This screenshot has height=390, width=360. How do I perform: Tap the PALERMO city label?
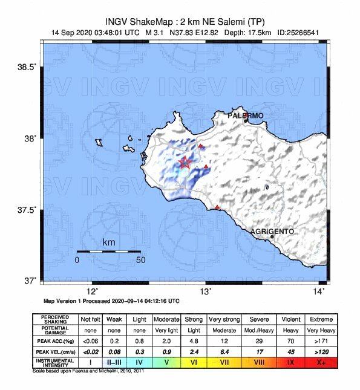pos(245,115)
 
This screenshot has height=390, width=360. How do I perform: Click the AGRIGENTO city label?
pos(272,231)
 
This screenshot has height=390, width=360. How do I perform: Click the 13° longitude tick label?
pos(206,291)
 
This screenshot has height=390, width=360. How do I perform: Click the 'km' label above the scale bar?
pos(109,242)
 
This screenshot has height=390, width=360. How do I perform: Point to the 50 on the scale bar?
pos(140,260)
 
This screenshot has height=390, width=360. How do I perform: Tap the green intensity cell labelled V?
pos(166,362)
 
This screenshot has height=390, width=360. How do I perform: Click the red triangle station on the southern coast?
pos(218,207)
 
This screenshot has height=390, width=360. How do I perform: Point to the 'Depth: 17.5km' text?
pos(248,32)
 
